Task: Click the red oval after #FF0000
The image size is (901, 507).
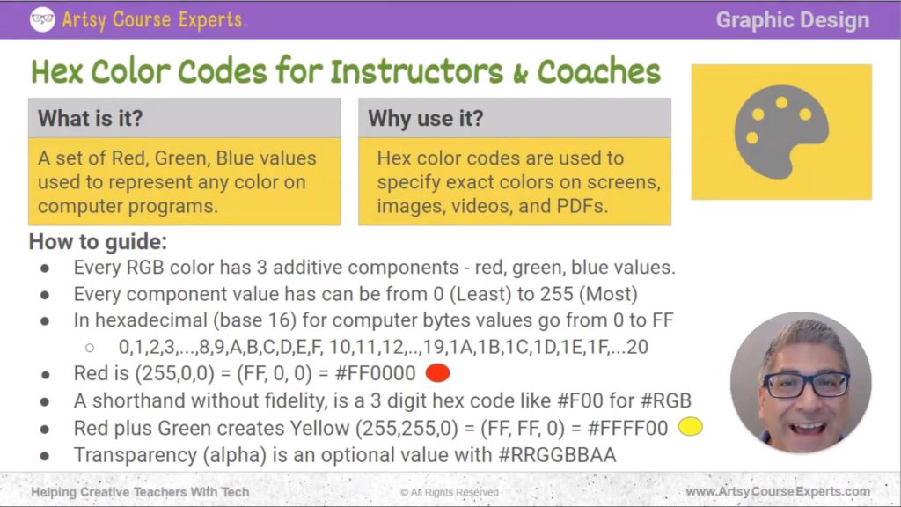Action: [437, 373]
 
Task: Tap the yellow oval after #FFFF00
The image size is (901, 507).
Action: [691, 428]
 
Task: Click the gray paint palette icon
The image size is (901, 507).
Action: [780, 132]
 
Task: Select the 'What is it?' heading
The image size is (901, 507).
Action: [89, 118]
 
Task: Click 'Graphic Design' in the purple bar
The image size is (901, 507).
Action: [792, 19]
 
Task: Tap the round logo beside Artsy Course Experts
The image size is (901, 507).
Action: [41, 19]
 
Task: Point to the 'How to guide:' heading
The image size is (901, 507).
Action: [98, 241]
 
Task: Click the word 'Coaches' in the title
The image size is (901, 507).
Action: [598, 71]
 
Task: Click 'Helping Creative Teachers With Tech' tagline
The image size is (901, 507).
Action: [140, 492]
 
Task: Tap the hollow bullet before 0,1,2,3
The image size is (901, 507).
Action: [89, 347]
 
